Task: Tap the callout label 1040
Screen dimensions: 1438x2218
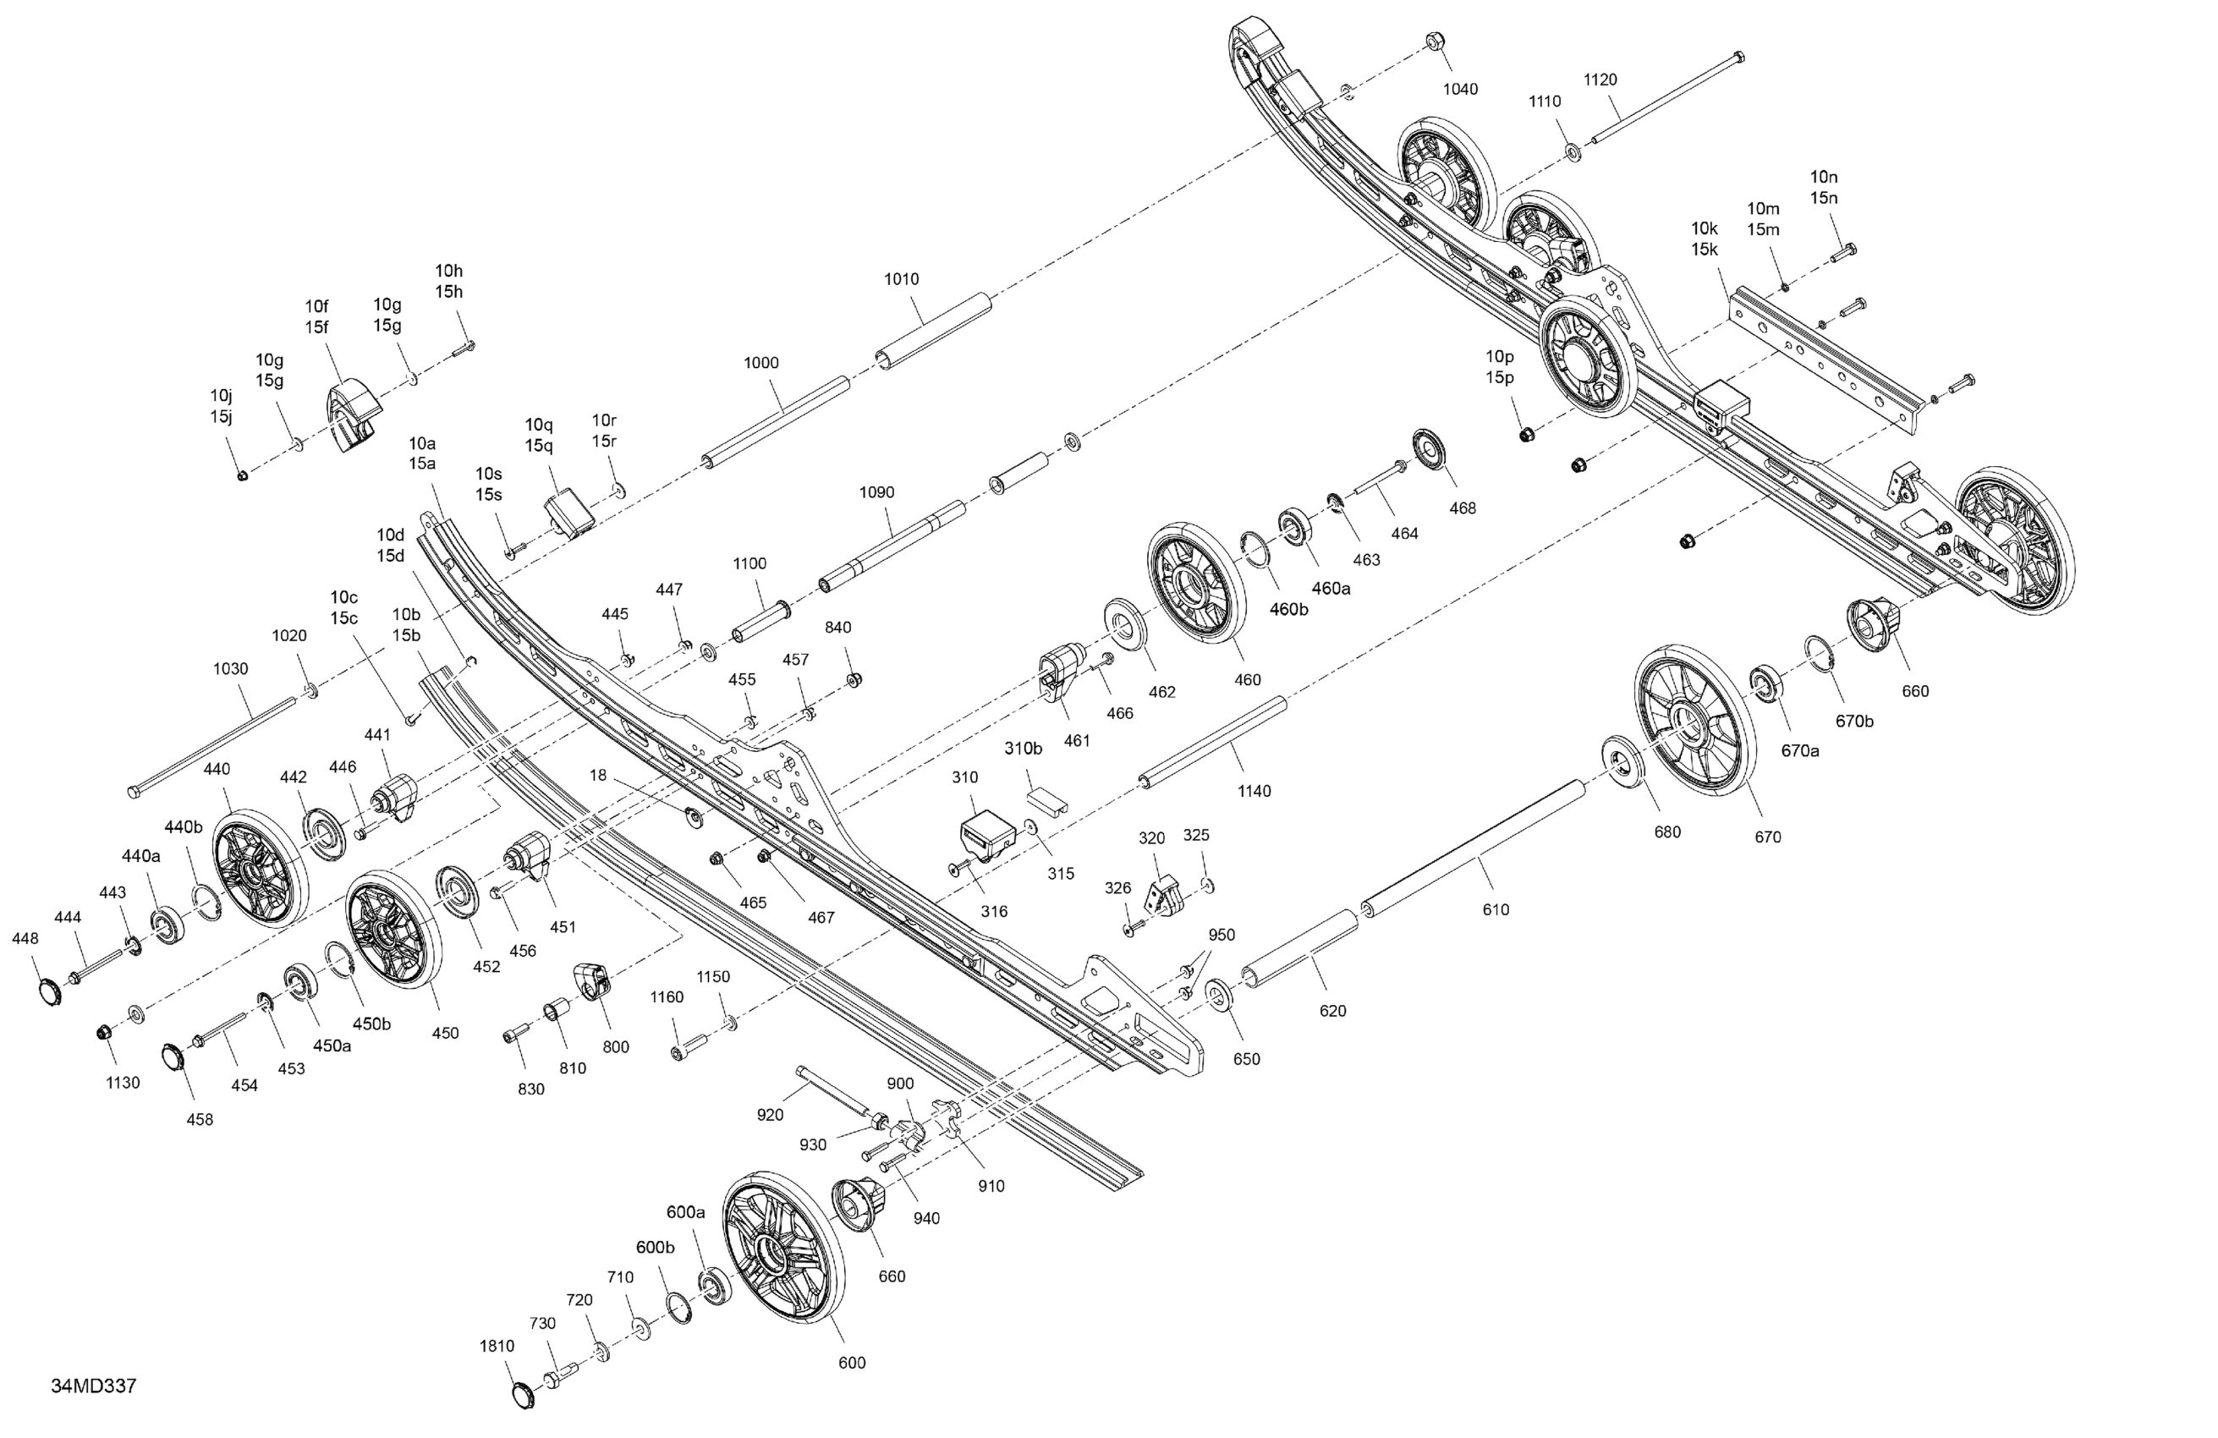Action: [x=1460, y=90]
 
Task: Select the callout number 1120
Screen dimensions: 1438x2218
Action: [x=1600, y=80]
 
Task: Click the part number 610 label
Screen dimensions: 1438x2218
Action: [x=1496, y=909]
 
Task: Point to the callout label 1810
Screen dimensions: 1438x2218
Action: [x=497, y=1346]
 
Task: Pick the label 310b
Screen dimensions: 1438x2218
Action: [x=1023, y=749]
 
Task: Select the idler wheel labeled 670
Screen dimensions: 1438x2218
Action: [x=1694, y=720]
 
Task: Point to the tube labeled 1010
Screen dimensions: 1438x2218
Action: [x=932, y=332]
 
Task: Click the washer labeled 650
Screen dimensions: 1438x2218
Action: [x=1219, y=995]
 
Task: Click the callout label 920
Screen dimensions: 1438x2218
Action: [x=770, y=1115]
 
